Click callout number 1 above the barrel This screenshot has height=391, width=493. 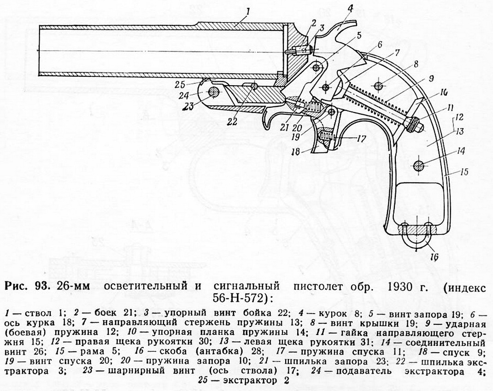click(x=248, y=13)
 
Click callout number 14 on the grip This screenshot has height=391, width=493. click(x=461, y=151)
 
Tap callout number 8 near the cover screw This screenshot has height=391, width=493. click(x=416, y=64)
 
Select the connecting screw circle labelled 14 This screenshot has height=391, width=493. click(x=419, y=165)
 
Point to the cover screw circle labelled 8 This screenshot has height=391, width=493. click(x=378, y=85)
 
